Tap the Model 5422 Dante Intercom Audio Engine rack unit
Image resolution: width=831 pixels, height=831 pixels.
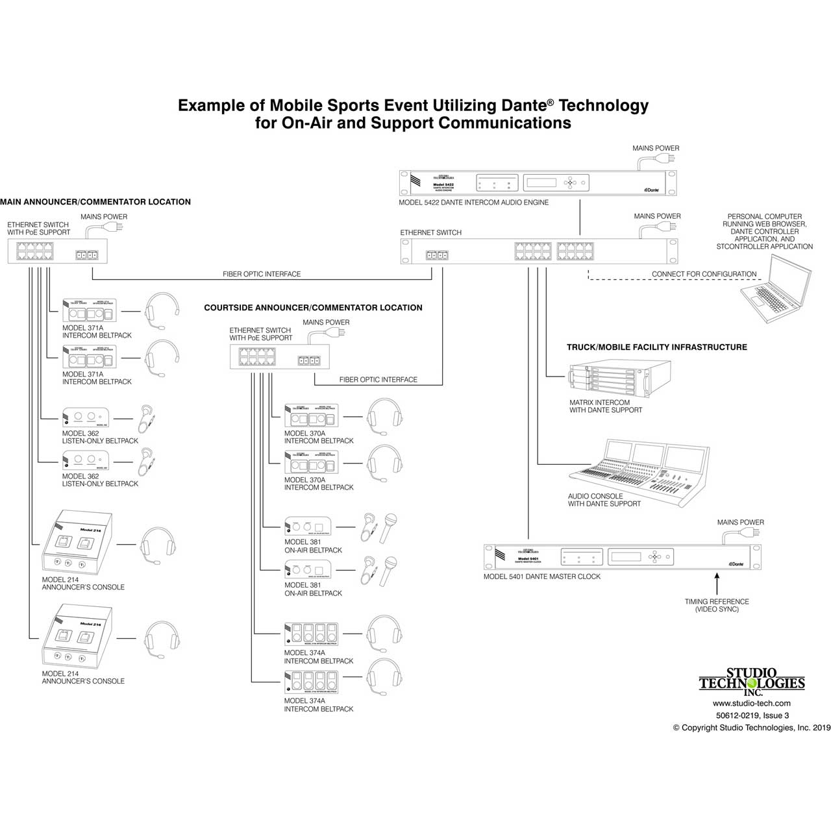(538, 182)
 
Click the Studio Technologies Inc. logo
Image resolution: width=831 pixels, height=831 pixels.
(752, 682)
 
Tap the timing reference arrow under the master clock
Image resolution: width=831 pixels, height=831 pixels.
(717, 582)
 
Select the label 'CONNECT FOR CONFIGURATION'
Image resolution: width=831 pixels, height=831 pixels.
(704, 274)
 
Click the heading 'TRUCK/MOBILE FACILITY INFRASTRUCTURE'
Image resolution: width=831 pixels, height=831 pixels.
(656, 347)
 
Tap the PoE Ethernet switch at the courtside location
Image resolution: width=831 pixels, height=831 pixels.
(279, 357)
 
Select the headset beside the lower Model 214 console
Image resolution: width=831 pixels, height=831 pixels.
(161, 639)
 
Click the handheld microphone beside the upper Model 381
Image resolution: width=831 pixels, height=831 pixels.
(388, 527)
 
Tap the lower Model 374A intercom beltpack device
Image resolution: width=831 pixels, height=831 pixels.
(311, 683)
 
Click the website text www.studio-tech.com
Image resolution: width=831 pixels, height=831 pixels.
(751, 703)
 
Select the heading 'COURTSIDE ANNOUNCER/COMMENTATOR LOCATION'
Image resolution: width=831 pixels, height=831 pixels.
(313, 308)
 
